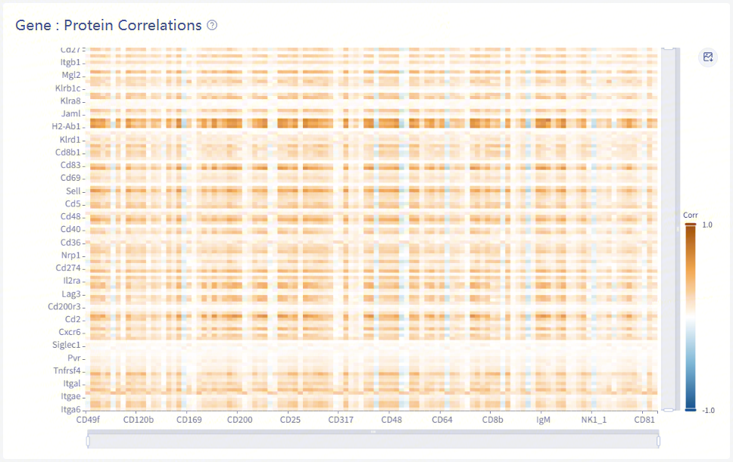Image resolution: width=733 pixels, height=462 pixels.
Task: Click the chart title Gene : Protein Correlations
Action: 108,25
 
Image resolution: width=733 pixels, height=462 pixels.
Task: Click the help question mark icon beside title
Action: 212,25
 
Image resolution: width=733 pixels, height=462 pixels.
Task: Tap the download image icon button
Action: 708,57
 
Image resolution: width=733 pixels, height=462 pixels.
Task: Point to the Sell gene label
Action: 73,191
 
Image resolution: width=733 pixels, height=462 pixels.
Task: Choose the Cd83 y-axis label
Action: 70,165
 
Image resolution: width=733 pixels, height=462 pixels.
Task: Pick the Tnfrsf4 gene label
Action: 67,371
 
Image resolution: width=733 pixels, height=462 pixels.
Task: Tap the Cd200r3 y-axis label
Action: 64,307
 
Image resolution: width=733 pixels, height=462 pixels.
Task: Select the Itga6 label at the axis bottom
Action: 70,410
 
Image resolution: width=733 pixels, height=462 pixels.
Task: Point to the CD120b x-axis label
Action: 139,420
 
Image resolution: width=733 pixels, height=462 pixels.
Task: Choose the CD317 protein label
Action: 341,420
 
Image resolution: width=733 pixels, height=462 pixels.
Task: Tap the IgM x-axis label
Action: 543,420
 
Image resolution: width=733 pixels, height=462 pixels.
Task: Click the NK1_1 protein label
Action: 594,420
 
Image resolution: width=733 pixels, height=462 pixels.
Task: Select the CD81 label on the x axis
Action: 644,420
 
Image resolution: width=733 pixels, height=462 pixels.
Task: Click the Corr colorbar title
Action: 691,215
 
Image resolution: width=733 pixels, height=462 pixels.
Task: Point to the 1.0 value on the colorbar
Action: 707,225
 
